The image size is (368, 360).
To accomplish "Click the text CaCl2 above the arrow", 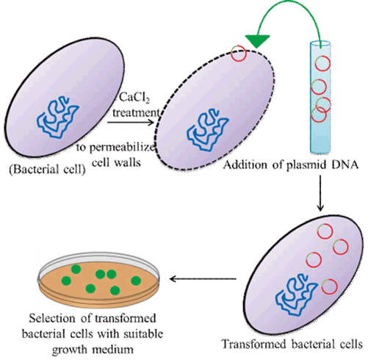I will pyautogui.click(x=133, y=98).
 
